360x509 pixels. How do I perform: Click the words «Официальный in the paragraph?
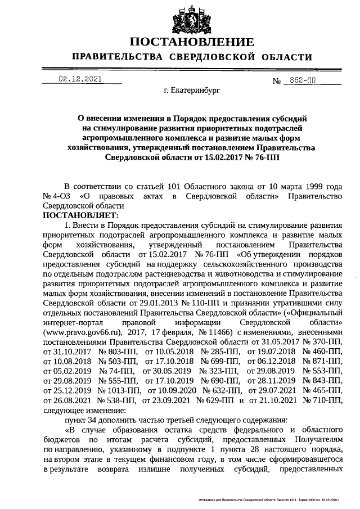(312, 313)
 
